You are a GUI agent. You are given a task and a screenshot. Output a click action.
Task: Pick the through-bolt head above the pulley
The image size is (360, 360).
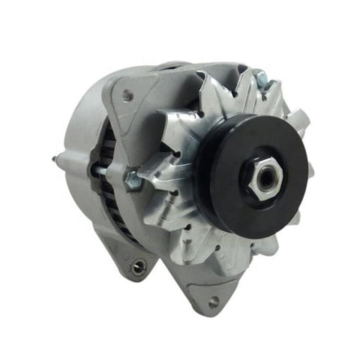258,76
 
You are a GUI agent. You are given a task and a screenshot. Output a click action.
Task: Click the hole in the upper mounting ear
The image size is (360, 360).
127,94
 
